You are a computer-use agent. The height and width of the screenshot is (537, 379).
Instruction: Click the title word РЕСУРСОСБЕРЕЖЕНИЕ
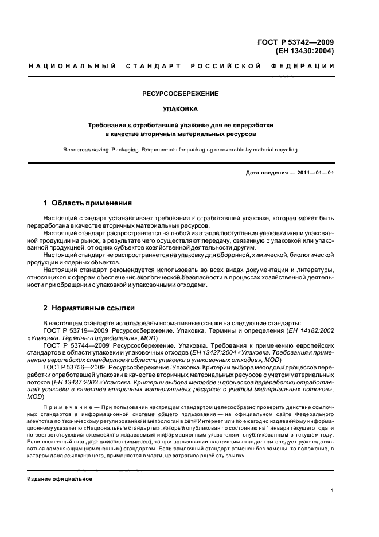click(x=181, y=93)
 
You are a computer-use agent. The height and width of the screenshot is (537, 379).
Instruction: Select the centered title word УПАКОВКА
click(x=181, y=108)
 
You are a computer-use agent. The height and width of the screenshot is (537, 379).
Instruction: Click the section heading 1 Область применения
click(x=88, y=203)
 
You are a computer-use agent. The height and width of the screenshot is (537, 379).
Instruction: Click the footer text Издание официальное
click(x=60, y=478)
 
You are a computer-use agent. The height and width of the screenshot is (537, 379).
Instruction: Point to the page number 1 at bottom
click(x=333, y=491)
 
